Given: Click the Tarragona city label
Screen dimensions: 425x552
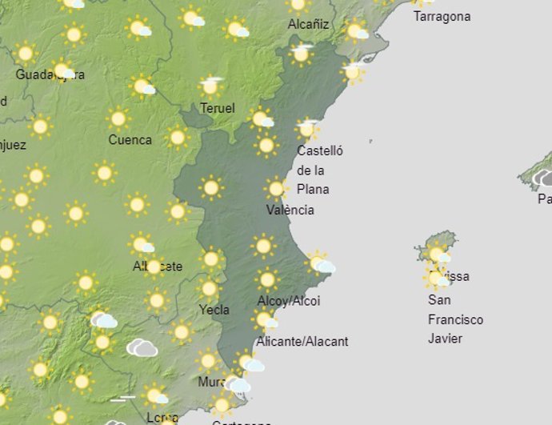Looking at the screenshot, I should coord(442,16).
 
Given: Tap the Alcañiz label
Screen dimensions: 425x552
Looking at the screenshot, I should coord(308,24).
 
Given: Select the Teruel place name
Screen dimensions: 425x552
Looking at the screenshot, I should coord(218,108).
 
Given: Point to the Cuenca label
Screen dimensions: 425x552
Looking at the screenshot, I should coord(130,140).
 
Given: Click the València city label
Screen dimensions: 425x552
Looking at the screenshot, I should coord(290,210).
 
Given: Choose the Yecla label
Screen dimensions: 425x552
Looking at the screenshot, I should coord(214,310).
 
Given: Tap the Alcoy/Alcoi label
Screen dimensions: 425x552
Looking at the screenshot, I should coord(288,301).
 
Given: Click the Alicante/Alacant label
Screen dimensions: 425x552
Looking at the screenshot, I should coord(302,342).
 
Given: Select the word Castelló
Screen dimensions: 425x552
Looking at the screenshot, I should coord(319,150).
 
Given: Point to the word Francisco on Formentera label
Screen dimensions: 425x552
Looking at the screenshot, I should coord(455,319).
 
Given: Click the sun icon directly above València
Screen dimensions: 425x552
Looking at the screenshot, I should coord(276,189).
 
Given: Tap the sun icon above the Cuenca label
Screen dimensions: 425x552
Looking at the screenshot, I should coord(118,119).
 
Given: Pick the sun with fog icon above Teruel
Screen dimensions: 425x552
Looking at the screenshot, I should coord(211,84).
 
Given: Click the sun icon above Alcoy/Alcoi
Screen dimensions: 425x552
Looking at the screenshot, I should coord(267,279).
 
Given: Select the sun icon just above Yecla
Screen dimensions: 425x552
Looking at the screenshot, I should coord(210,288).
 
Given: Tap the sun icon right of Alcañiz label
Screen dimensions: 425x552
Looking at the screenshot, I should coord(354,30).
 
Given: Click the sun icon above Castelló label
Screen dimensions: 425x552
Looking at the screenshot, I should coord(306,128).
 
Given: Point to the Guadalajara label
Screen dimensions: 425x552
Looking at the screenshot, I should coord(50,74).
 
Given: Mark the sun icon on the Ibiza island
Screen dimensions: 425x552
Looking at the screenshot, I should coord(437,255).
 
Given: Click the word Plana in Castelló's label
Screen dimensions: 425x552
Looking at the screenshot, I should coord(313,190).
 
